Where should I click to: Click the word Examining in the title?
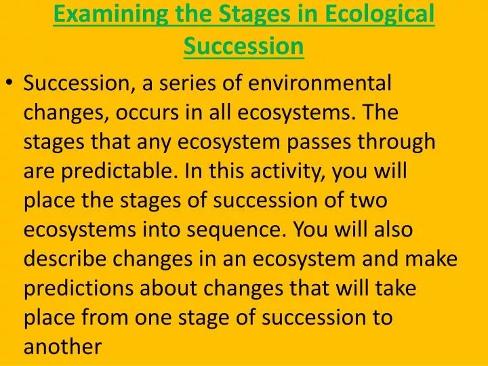[110, 15]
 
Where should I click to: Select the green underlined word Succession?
[244, 46]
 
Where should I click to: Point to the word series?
[187, 83]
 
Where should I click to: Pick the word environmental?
[320, 83]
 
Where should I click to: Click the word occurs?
[147, 113]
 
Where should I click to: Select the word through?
[396, 142]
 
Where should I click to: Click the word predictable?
[117, 171]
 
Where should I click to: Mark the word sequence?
[237, 230]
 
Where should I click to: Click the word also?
[393, 229]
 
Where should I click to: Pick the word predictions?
[79, 288]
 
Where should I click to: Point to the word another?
[62, 346]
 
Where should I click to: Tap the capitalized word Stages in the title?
[256, 15]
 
